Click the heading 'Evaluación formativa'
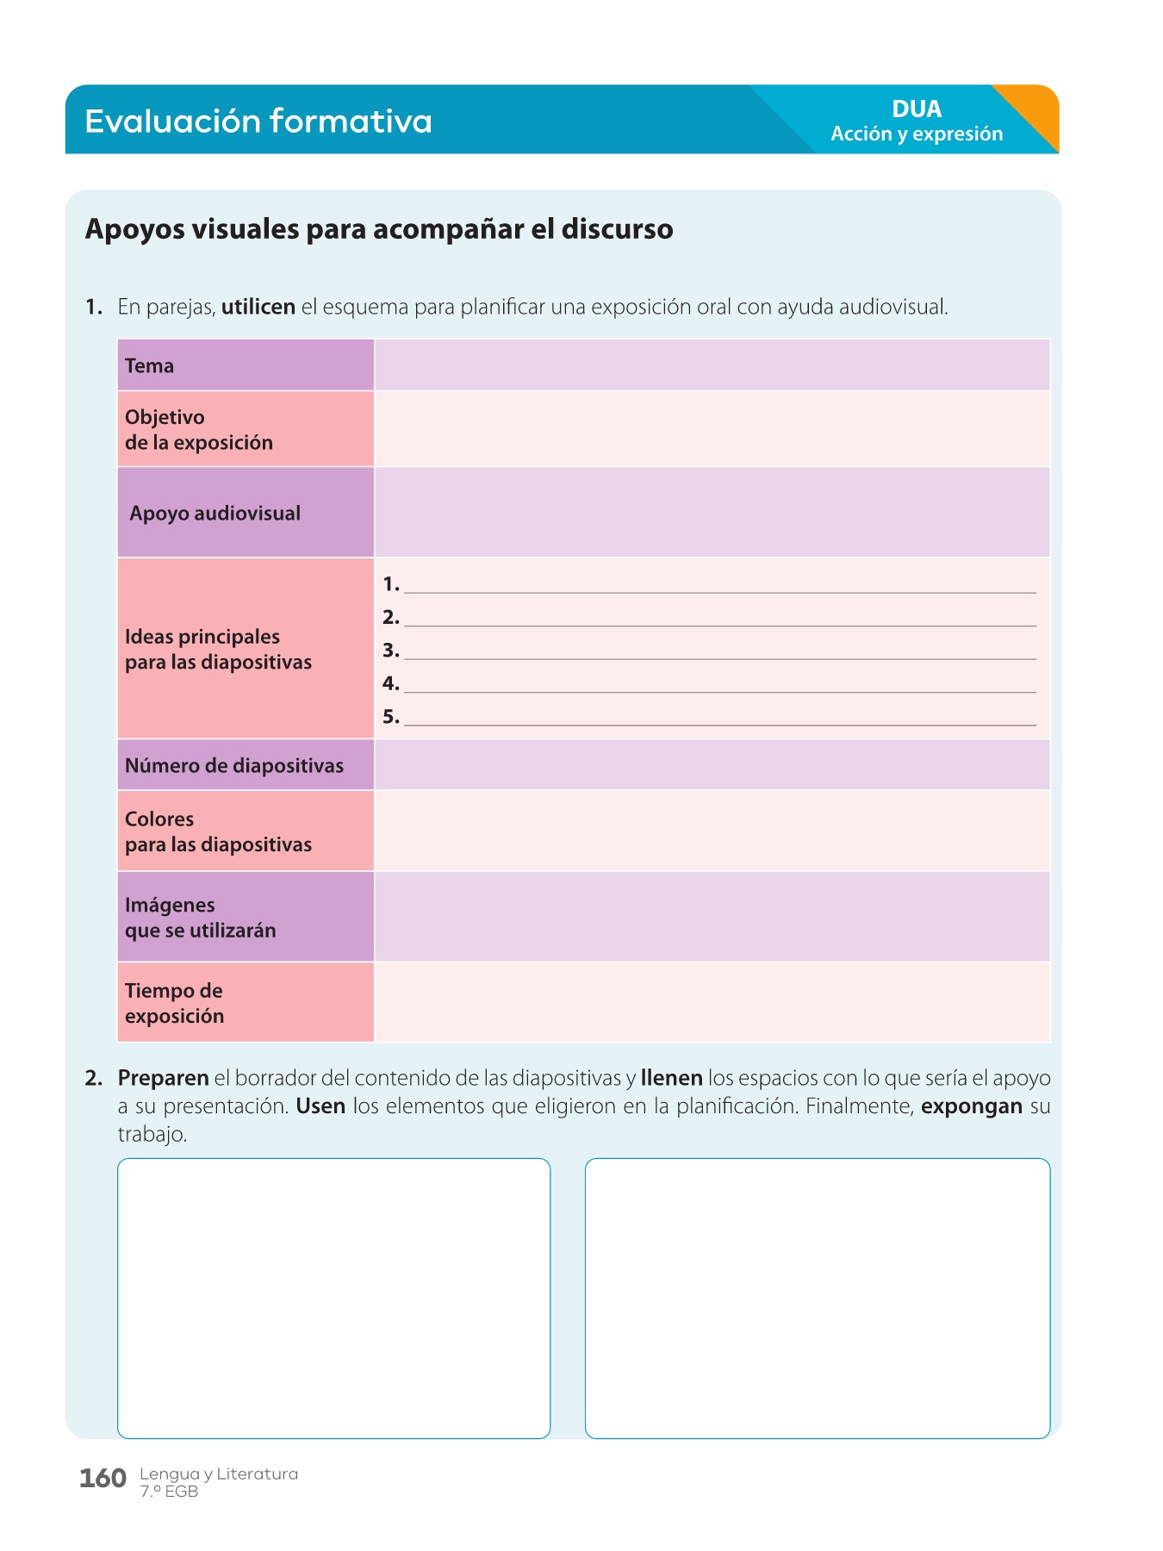coord(258,121)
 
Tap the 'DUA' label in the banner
coord(917,109)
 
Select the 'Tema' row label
coord(150,366)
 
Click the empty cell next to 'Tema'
coord(712,365)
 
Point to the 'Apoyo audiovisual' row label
coord(215,514)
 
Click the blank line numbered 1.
coord(719,586)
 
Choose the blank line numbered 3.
coord(719,652)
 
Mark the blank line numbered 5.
coord(719,719)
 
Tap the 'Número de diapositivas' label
coord(234,766)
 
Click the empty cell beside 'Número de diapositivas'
coord(712,765)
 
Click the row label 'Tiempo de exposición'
coord(175,1003)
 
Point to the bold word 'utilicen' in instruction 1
coord(258,308)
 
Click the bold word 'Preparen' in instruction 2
coord(164,1079)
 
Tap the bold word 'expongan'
coord(972,1106)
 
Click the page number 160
coord(103,1479)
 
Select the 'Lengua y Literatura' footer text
coord(219,1474)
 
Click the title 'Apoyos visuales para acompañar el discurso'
coord(379,230)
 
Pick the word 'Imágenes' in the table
coord(171,906)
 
